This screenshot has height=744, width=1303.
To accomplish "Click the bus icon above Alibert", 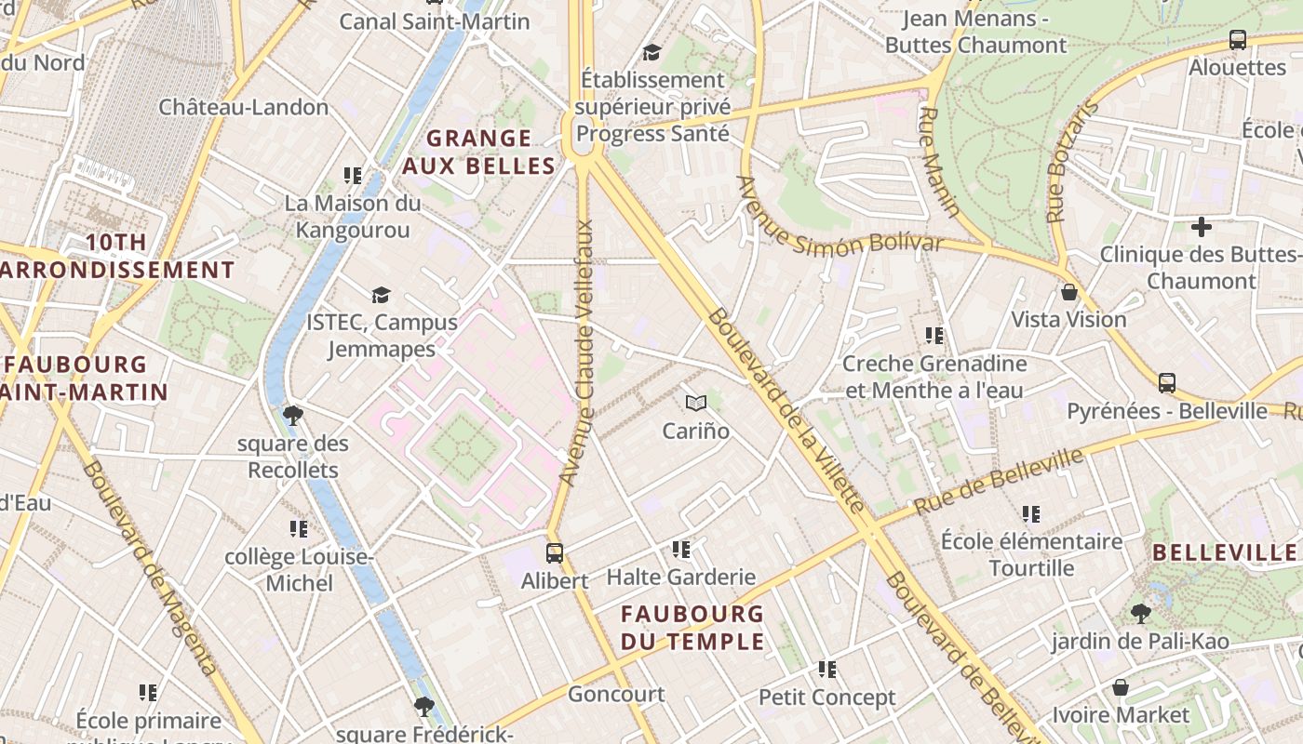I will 555,553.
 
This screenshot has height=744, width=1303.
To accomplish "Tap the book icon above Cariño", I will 696,403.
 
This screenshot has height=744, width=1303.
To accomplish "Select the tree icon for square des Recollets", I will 293,415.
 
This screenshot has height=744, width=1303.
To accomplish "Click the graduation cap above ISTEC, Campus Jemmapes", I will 381,295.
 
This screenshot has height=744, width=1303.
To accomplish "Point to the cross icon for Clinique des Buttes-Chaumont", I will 1202,226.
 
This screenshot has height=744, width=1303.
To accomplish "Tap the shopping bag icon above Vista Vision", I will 1069,292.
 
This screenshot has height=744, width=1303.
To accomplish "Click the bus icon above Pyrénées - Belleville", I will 1167,383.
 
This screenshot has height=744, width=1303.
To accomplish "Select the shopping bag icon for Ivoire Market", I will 1121,687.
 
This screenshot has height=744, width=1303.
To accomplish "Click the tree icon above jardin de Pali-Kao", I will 1140,613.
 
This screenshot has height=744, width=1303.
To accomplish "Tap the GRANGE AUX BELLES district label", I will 478,153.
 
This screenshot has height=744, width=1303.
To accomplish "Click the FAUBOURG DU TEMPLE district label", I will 692,628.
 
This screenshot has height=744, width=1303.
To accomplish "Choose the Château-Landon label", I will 243,107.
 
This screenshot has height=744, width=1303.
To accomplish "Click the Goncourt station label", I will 616,694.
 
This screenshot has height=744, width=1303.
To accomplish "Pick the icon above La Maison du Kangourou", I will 353,175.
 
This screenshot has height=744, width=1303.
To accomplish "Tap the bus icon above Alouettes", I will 1237,40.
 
